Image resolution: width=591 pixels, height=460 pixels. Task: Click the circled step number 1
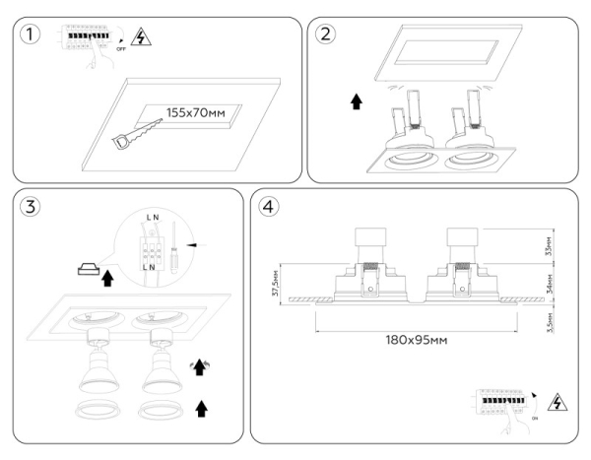pyautogui.click(x=34, y=35)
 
